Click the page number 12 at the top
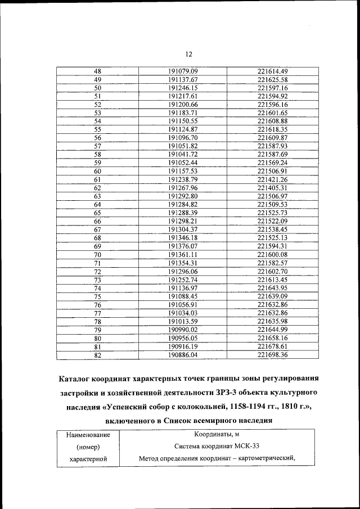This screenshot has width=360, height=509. coord(188,54)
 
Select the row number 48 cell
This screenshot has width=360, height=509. coord(97,71)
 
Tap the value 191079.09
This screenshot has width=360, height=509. coord(183,71)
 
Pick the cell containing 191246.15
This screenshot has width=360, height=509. coord(183,88)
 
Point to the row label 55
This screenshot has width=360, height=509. coord(97,129)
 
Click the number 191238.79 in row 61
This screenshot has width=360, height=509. coord(183,179)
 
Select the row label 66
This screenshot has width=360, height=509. coord(97,221)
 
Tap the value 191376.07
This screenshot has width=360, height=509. coord(183,246)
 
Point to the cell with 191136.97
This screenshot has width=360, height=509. coord(183,288)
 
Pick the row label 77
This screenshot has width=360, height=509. coord(97,313)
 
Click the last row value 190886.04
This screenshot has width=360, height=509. coord(183,355)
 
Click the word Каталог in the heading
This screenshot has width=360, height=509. coord(79,377)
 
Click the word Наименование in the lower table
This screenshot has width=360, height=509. coord(88,435)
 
